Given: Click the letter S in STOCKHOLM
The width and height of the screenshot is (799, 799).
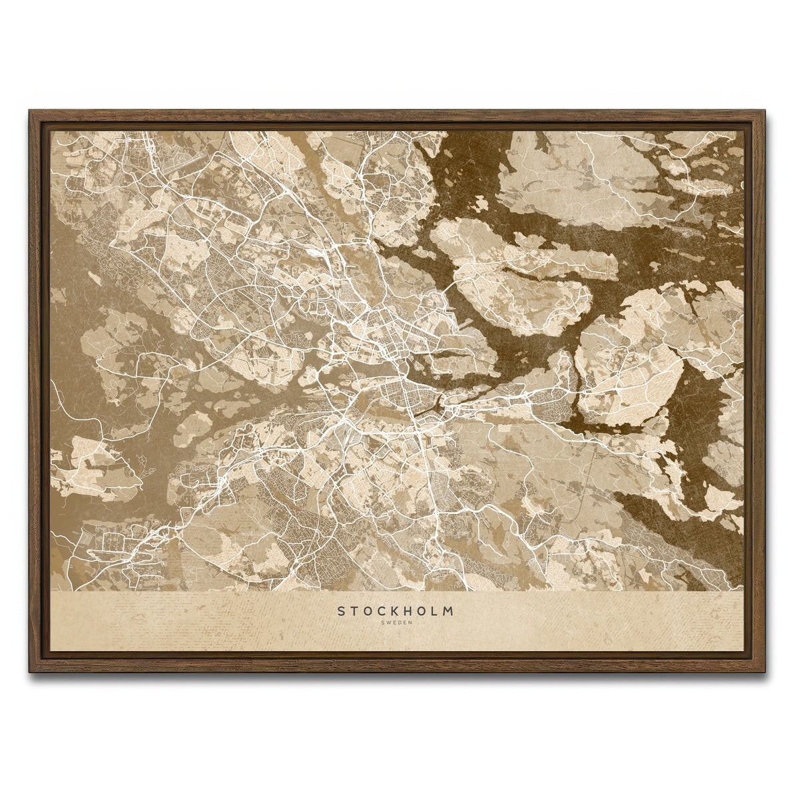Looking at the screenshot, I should coord(341,611).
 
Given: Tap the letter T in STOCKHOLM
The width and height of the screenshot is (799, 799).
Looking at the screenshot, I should coord(355,611).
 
